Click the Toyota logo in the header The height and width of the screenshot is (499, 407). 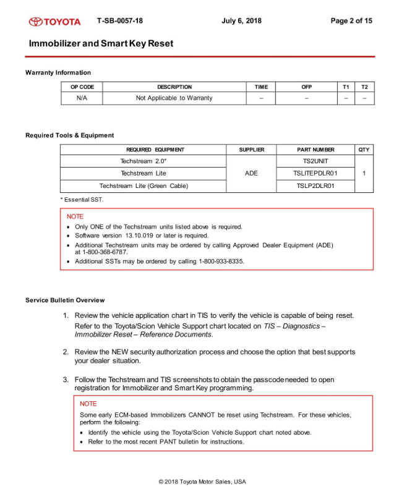(x=54, y=21)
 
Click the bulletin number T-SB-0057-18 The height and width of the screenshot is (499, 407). (x=120, y=21)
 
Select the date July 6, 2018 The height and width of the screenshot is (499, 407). (x=241, y=21)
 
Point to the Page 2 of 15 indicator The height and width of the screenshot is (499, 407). (x=351, y=21)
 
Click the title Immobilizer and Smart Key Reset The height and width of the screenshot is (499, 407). (x=101, y=44)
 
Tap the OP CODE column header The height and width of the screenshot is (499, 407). (x=82, y=87)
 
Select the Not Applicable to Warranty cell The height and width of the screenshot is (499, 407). (x=174, y=98)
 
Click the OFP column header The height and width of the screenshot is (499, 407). (x=306, y=87)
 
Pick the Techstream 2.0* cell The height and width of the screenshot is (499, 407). (x=143, y=161)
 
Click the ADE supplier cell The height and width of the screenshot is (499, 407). (x=251, y=173)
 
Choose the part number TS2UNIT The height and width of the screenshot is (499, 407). (x=315, y=161)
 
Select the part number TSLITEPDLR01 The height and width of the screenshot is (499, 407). (x=315, y=173)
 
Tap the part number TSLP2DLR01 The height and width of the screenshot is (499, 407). (x=315, y=186)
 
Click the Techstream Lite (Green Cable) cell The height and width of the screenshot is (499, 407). (x=143, y=186)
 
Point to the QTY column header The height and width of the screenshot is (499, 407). (x=364, y=150)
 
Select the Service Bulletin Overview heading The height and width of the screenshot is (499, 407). (x=65, y=301)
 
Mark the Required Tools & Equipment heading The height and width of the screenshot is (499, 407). (x=69, y=135)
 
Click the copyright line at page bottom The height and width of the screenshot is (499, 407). (x=202, y=482)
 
